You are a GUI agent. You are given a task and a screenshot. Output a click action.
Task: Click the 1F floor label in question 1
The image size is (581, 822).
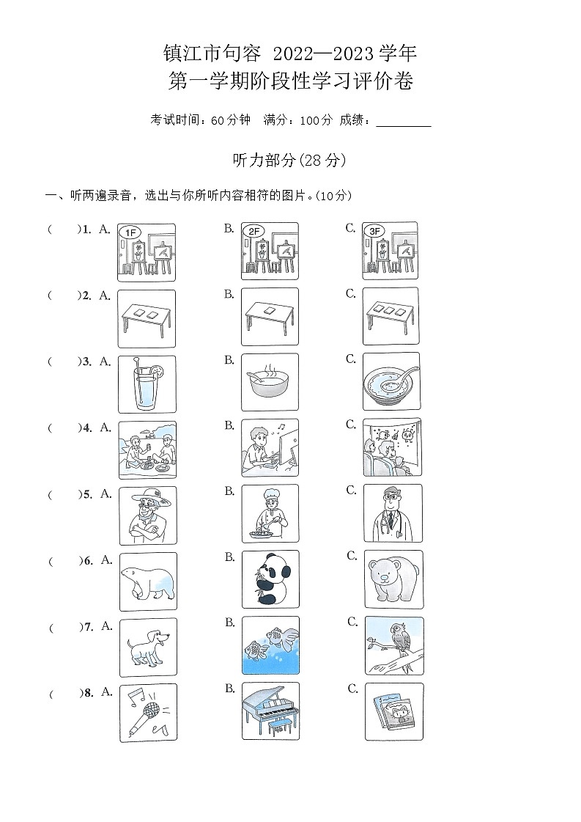(130, 232)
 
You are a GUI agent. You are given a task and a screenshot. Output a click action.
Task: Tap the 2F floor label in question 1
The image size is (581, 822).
(254, 232)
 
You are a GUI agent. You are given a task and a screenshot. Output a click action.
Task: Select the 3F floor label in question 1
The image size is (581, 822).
(375, 232)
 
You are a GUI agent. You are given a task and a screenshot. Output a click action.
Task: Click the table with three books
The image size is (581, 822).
(392, 316)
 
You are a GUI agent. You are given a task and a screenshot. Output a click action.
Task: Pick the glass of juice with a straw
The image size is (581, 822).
(147, 384)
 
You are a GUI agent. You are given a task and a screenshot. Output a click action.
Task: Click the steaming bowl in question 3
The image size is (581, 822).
(270, 383)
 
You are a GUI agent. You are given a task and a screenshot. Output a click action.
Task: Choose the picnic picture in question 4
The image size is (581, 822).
(147, 449)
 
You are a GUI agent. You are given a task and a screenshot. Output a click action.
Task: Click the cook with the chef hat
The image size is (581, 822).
(270, 513)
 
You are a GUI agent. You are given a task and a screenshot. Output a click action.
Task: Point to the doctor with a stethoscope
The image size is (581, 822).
(393, 513)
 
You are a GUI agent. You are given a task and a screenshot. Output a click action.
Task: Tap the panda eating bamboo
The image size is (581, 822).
(270, 579)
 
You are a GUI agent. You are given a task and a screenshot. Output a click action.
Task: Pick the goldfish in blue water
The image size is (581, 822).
(270, 646)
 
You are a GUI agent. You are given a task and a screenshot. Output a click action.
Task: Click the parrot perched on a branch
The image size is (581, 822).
(393, 645)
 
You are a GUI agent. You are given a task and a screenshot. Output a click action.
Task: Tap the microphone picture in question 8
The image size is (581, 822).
(148, 712)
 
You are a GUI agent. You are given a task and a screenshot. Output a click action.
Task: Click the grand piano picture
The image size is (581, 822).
(271, 711)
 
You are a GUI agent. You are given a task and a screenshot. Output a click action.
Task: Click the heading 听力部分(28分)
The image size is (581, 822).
(289, 160)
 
